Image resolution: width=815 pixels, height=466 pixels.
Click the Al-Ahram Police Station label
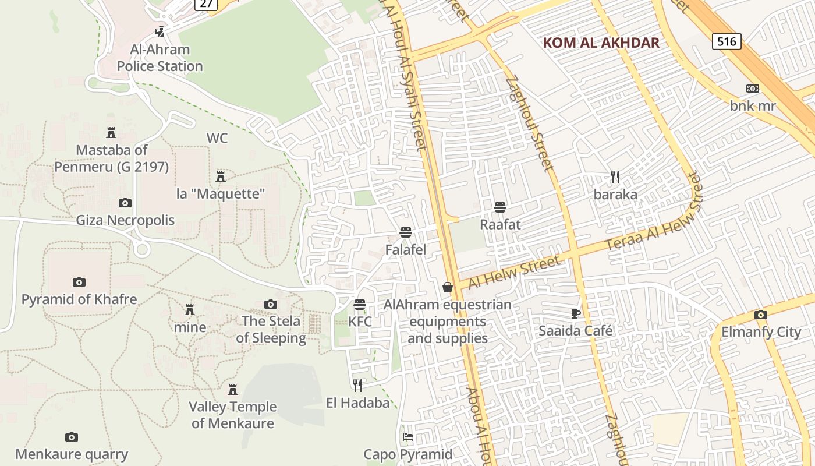pos(160,58)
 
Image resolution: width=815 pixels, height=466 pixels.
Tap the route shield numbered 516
pos(727,41)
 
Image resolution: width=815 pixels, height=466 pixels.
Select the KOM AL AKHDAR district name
pos(601,43)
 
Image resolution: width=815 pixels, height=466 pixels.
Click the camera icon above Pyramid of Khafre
pos(79,283)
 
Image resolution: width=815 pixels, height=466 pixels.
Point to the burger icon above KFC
pos(360,305)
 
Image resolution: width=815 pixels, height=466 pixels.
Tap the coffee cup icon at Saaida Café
pos(575,313)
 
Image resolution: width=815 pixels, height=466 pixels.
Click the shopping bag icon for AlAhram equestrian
pos(448,287)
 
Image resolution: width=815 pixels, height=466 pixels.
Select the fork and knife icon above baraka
pos(615,176)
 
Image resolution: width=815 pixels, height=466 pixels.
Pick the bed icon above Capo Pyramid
pos(408,437)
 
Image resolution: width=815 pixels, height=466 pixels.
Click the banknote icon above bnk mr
pos(753,89)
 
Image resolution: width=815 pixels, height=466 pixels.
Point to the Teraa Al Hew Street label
pos(655,221)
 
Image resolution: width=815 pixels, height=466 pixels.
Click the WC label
pos(217,139)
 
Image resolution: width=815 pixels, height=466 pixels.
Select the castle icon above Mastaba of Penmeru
pos(111,133)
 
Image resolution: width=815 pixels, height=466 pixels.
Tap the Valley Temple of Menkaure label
pos(233,415)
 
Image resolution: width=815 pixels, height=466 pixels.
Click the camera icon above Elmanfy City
pos(760,315)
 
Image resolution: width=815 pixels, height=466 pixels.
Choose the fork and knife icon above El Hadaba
pos(357,385)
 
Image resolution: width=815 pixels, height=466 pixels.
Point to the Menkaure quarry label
pos(72,454)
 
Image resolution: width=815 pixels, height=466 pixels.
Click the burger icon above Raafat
pos(499,207)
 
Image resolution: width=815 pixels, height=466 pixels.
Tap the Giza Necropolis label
pos(125,220)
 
